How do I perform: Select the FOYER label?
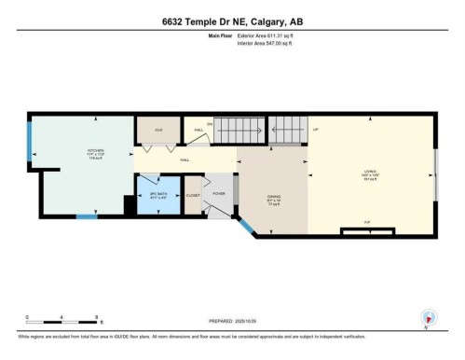219,193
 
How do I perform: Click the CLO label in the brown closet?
158,130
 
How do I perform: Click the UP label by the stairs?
316,130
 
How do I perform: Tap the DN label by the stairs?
210,124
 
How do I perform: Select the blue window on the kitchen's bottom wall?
86,217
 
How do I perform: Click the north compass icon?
428,317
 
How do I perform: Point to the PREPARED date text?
232,317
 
